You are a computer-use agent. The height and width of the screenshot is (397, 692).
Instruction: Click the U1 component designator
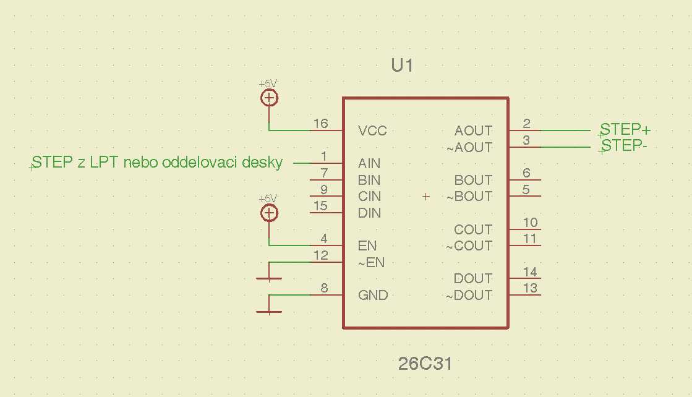(402, 66)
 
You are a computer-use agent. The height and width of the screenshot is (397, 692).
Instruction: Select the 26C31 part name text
(425, 364)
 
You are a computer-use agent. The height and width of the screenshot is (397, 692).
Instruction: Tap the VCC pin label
(372, 131)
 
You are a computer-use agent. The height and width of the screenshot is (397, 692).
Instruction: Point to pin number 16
(320, 124)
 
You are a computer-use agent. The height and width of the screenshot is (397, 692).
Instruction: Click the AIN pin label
(369, 164)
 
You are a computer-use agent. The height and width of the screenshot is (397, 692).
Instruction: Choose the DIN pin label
(369, 213)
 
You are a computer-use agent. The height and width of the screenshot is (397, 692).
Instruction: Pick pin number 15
(320, 206)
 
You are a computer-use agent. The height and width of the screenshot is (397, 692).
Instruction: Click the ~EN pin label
(371, 263)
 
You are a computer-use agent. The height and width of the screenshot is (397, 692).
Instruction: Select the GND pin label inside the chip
(373, 296)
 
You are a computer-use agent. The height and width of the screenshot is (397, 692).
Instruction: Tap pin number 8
(323, 288)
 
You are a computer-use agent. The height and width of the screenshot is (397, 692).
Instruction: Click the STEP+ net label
(625, 130)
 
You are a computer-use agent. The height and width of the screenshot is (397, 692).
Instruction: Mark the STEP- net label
(624, 146)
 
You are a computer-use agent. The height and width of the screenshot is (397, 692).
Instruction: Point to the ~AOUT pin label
(469, 148)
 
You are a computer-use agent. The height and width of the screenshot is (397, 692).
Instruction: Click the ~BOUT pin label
(469, 197)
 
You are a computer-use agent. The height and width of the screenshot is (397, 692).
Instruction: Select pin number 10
(530, 223)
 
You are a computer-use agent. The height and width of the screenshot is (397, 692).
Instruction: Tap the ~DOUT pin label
(469, 296)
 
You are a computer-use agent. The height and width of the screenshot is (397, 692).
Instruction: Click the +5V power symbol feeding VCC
(269, 98)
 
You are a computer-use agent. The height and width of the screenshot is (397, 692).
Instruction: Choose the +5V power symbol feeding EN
(269, 213)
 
